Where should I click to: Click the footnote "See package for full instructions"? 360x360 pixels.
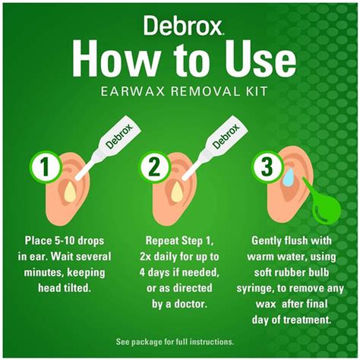tap(179, 342)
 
